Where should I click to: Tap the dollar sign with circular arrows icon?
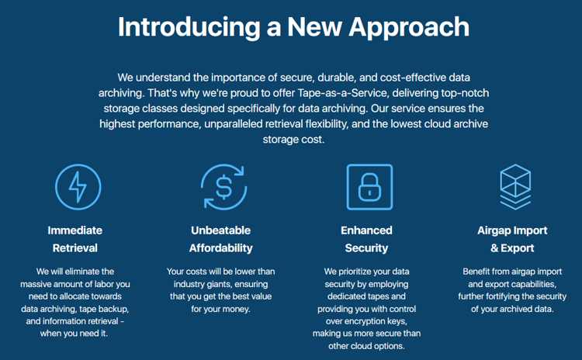(x=223, y=187)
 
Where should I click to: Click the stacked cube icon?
(x=515, y=187)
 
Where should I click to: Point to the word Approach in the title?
(x=409, y=28)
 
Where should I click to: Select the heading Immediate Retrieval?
(x=75, y=239)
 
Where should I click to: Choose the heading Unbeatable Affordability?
(x=221, y=239)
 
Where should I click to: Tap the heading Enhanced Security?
(x=366, y=239)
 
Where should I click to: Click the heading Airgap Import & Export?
(x=512, y=239)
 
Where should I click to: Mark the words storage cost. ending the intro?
(x=293, y=140)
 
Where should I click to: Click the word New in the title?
(x=314, y=27)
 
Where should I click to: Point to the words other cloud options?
(x=366, y=346)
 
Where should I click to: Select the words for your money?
(x=221, y=309)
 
